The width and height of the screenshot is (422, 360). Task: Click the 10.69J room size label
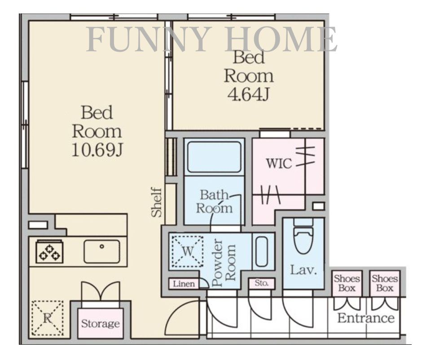pyautogui.click(x=97, y=149)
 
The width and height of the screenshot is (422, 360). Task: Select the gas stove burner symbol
pyautogui.click(x=49, y=252)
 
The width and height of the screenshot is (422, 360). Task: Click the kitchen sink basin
pyautogui.click(x=102, y=251)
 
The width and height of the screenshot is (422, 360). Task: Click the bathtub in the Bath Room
pyautogui.click(x=214, y=157)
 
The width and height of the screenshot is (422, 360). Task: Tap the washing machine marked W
pyautogui.click(x=188, y=251)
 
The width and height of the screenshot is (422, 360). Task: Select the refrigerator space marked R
pyautogui.click(x=48, y=318)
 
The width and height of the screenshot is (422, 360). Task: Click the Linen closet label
pyautogui.click(x=184, y=284)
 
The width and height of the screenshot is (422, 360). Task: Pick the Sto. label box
pyautogui.click(x=262, y=283)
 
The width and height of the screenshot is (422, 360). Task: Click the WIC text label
pyautogui.click(x=279, y=163)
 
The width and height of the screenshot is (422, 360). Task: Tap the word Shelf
pyautogui.click(x=157, y=202)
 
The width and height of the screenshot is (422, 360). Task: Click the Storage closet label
pyautogui.click(x=101, y=323)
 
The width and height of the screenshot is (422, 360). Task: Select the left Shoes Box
pyautogui.click(x=347, y=283)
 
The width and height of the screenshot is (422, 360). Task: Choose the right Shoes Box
pyautogui.click(x=385, y=283)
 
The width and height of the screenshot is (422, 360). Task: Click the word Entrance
pyautogui.click(x=366, y=318)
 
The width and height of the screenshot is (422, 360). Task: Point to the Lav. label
pyautogui.click(x=303, y=270)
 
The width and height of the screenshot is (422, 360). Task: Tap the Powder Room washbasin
pyautogui.click(x=261, y=251)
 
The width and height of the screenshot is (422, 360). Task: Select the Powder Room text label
pyautogui.click(x=224, y=262)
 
